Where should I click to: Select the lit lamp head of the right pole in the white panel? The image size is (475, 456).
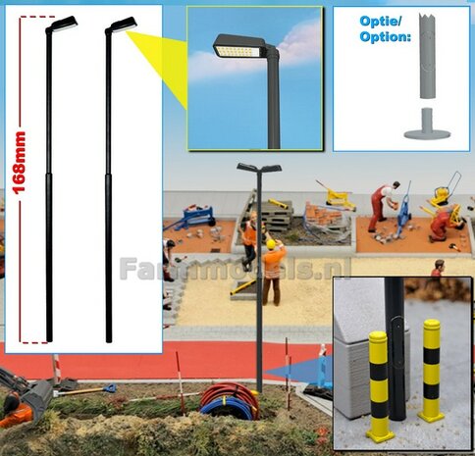click(x=122, y=24)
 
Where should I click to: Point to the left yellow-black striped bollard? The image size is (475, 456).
click(x=379, y=384)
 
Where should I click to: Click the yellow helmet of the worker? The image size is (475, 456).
click(x=271, y=243)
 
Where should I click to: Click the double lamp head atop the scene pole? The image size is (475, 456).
click(x=258, y=169)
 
